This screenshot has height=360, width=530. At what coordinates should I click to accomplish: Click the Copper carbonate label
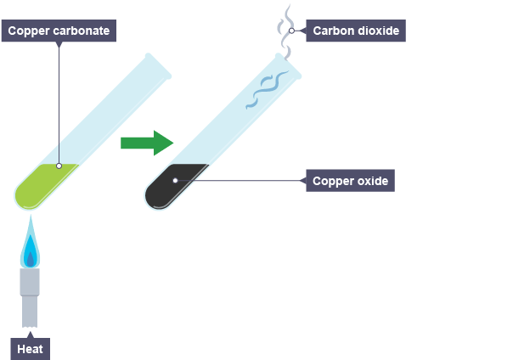(x=58, y=32)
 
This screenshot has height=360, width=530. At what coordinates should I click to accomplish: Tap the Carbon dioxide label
(x=355, y=31)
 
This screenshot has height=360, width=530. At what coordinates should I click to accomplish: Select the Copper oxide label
(x=350, y=181)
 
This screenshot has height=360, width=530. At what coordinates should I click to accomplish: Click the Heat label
(x=31, y=347)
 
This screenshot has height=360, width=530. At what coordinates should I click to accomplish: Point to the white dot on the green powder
(x=59, y=166)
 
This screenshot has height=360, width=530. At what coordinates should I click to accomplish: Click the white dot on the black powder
(x=175, y=180)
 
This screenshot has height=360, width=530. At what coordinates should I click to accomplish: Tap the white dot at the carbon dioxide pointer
(x=291, y=31)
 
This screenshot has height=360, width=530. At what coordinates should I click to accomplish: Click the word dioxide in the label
(x=375, y=31)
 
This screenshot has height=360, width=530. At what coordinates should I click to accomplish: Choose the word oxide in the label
(x=370, y=181)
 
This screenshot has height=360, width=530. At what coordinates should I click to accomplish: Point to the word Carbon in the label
(x=334, y=31)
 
